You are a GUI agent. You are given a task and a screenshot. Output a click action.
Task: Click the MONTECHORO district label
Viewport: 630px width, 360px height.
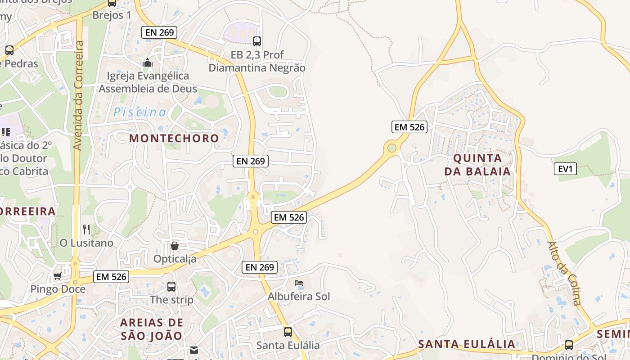click(x=174, y=138)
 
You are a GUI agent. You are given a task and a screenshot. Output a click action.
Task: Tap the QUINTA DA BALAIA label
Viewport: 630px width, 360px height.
click(x=477, y=165)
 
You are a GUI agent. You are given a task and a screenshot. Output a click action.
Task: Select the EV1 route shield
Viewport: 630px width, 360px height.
click(x=565, y=169)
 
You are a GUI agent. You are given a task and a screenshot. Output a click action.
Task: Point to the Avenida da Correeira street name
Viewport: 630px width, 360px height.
click(x=78, y=95)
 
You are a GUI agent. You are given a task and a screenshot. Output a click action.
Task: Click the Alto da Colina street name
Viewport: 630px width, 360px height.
click(x=564, y=273)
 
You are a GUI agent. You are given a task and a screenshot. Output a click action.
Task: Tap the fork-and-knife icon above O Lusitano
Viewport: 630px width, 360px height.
click(x=86, y=229)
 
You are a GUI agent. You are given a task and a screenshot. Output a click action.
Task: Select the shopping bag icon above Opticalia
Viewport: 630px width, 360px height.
click(x=175, y=246)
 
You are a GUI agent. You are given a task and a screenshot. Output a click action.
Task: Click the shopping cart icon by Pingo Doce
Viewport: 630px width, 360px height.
click(x=57, y=276)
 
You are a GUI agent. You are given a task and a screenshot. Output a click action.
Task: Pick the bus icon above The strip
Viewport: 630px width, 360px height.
click(x=171, y=286)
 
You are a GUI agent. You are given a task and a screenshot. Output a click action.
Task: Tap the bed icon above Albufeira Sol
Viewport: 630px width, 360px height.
click(x=299, y=283)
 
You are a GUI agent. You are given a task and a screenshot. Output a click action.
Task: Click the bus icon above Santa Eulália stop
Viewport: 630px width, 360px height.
click(x=288, y=332)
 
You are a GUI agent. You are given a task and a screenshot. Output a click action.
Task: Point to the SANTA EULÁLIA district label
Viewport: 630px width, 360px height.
click(x=467, y=344)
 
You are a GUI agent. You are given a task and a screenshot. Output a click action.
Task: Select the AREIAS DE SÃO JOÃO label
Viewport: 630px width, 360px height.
click(x=152, y=329)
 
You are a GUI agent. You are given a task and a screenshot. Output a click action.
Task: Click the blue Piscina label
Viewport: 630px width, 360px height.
click(x=139, y=112)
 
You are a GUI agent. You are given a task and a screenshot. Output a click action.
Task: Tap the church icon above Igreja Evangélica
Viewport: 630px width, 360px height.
click(x=148, y=63)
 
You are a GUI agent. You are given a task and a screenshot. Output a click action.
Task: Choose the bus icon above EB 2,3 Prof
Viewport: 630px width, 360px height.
click(x=257, y=41)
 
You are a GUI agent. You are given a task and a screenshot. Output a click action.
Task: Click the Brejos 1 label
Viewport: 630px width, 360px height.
click(x=112, y=15)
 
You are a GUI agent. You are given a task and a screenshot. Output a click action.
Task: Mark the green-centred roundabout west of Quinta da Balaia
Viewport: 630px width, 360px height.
click(x=391, y=148)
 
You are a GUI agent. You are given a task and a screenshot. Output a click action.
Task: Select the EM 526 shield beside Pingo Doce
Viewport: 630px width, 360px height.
click(x=112, y=276)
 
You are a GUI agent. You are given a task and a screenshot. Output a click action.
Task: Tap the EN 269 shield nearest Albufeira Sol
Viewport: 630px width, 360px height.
click(x=260, y=267)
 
